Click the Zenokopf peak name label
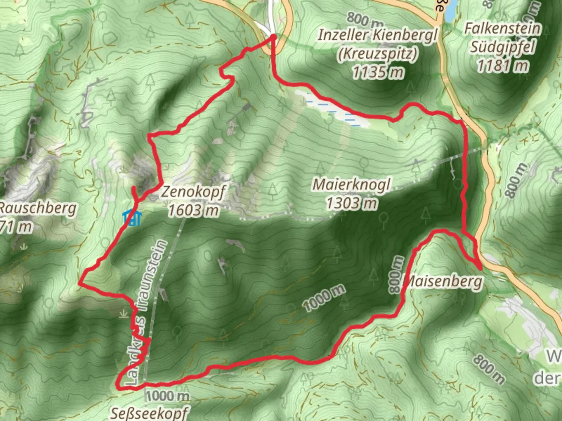tap(193, 192)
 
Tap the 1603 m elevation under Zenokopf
tap(193, 210)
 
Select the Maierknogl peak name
tap(351, 184)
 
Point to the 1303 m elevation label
tap(351, 203)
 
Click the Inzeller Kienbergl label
tap(377, 35)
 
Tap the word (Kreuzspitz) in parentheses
tap(377, 53)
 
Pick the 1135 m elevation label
tap(377, 72)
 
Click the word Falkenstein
tap(503, 28)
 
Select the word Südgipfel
tap(503, 47)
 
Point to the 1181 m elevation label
tap(503, 65)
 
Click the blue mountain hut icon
tap(132, 218)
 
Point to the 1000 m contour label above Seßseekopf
tap(168, 396)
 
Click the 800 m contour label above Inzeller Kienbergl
tap(365, 18)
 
